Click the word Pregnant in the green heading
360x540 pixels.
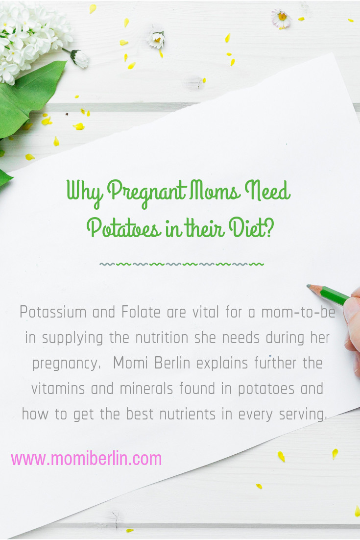tap(147, 193)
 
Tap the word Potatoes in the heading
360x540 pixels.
tap(123, 228)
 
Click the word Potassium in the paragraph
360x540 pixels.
tap(53, 312)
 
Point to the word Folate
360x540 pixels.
tap(141, 312)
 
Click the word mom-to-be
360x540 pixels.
tap(298, 312)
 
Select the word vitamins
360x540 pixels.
tap(58, 389)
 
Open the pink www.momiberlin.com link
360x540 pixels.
tap(86, 459)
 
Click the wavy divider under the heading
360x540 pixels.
tap(182, 264)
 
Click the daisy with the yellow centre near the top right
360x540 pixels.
tap(281, 18)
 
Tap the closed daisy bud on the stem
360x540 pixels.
tap(80, 58)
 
